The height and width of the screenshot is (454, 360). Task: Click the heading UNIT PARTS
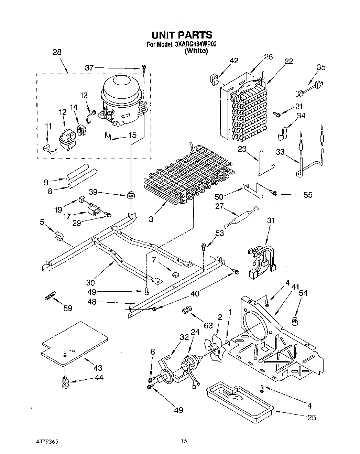click(182, 35)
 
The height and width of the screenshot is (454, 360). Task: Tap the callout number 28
click(57, 52)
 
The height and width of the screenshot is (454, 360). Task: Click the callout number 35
click(321, 67)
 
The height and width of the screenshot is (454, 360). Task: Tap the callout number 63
click(208, 325)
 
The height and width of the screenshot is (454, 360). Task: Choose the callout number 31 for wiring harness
click(271, 220)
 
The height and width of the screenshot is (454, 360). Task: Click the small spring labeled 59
click(50, 295)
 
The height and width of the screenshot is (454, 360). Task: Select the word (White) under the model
click(196, 51)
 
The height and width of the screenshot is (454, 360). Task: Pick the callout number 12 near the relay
click(62, 112)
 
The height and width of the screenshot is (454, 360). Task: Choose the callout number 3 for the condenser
click(151, 219)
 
